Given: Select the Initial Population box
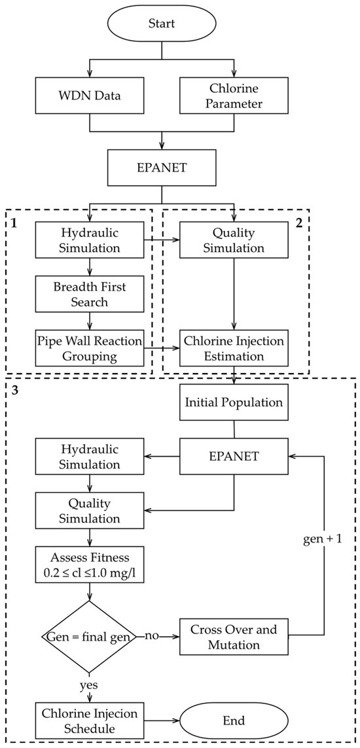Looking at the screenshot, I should tap(234, 402).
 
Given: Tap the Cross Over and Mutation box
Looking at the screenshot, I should tap(234, 635).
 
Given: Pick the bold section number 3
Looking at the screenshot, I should tap(14, 392).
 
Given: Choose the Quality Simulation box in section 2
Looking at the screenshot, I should tap(234, 240).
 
